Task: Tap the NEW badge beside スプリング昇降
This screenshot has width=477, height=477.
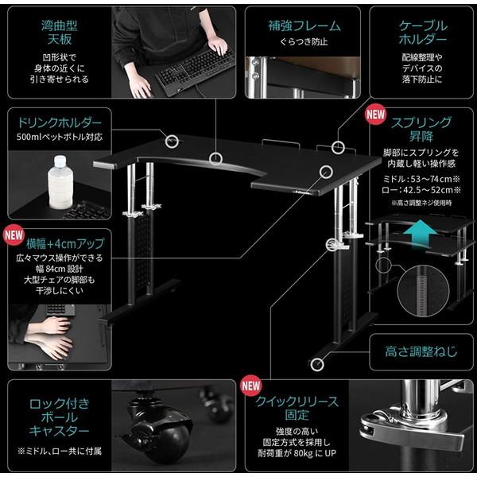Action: [x=375, y=113]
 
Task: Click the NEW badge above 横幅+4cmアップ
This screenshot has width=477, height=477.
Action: [x=14, y=235]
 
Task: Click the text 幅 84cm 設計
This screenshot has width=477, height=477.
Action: [x=60, y=269]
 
